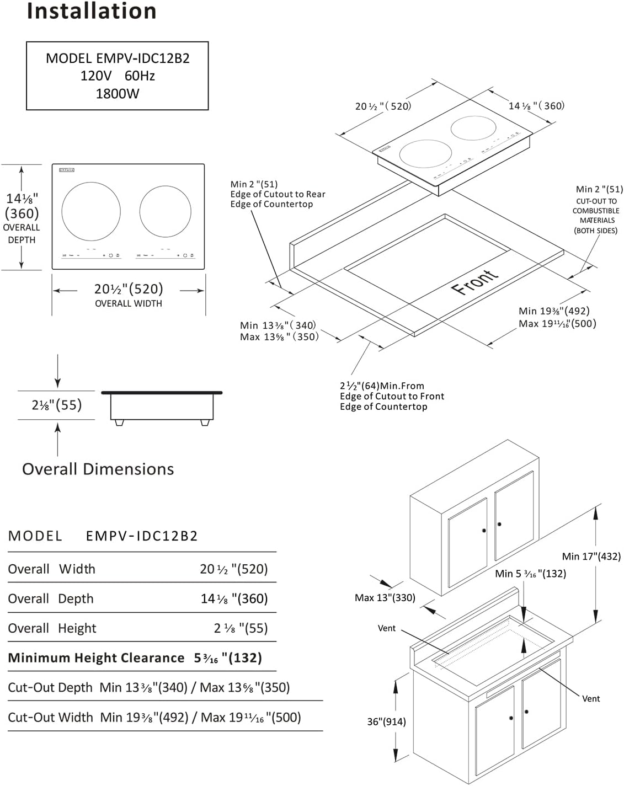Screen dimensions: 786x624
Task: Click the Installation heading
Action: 92,11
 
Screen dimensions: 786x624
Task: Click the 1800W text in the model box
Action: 118,94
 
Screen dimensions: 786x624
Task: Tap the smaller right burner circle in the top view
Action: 165,211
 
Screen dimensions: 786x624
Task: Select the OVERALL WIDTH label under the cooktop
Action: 129,303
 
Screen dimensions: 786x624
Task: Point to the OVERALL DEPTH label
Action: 22,233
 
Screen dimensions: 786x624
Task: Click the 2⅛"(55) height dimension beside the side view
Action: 56,405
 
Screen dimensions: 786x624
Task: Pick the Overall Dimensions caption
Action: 98,469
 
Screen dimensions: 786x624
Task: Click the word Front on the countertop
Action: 474,282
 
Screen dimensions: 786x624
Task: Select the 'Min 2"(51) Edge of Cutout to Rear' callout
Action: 278,194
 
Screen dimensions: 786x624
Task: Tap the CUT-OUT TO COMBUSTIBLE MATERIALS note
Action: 596,216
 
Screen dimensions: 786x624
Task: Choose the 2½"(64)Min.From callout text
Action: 382,386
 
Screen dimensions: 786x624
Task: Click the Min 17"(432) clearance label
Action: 591,557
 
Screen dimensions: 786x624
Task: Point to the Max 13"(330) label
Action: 385,597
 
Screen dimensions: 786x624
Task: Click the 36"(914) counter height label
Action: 386,721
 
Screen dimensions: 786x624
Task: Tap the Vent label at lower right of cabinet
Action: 590,698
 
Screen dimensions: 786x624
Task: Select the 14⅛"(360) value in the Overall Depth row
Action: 234,599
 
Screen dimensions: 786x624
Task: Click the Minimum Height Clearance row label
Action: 96,658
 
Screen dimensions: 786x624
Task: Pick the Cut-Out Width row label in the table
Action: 50,718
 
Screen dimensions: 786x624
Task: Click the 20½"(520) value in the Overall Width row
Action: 233,569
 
